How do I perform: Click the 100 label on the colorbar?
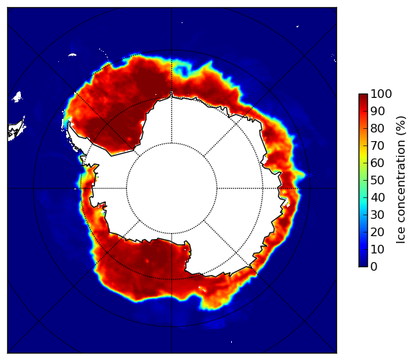(x=381, y=94)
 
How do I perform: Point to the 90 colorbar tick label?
(x=377, y=111)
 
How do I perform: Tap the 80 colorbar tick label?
(x=377, y=128)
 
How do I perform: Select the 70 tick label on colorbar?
(x=377, y=145)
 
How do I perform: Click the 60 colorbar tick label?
(x=377, y=163)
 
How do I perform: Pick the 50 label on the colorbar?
(x=377, y=180)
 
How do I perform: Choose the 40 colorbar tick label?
(x=377, y=197)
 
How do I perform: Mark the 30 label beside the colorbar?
(x=377, y=215)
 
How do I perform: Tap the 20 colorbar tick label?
(x=377, y=232)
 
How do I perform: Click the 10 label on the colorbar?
(x=377, y=249)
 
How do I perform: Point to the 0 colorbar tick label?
(x=374, y=266)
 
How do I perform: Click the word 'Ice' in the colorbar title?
(x=400, y=237)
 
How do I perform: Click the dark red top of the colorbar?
(x=363, y=96)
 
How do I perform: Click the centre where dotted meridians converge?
(x=171, y=189)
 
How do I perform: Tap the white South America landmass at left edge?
(x=16, y=130)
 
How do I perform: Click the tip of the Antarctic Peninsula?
(x=69, y=122)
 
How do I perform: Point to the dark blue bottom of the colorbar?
(x=363, y=263)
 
